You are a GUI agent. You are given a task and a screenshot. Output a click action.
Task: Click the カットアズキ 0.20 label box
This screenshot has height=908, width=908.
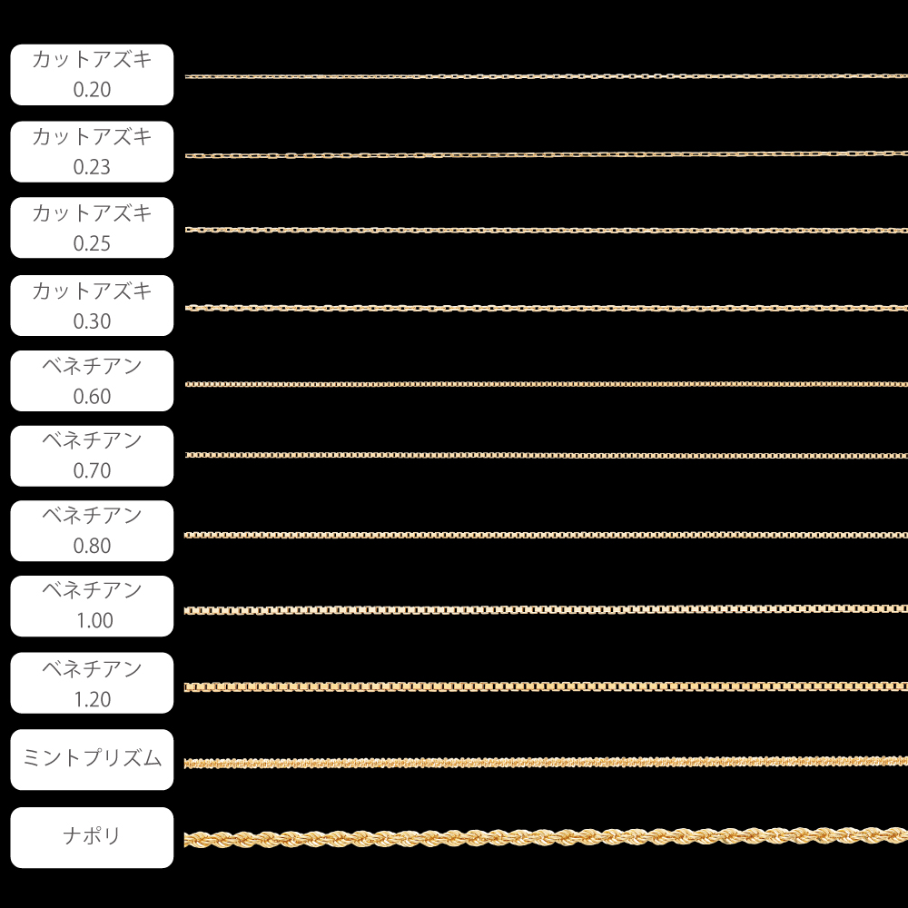pos(91,75)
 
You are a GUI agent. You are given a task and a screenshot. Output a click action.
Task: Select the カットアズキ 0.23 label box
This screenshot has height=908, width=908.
pos(91,152)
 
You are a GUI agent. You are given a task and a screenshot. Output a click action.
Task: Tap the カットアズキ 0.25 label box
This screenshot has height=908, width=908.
pos(91,228)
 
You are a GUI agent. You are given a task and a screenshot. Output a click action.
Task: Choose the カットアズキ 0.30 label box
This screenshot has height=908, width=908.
pos(91,306)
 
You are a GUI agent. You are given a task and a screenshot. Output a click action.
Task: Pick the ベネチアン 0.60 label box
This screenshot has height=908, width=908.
pos(91,381)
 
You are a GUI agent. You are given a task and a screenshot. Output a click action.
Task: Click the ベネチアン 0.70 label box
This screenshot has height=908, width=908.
pos(91,456)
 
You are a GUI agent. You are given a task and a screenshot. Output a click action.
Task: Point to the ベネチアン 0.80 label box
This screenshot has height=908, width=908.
pos(91,531)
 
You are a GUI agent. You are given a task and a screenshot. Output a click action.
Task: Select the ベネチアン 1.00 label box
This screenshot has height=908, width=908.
pos(91,607)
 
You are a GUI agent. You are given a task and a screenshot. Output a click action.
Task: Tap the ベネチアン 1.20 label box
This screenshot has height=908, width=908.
pos(91,683)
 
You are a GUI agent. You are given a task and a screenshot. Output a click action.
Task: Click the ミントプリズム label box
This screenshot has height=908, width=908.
pos(91,760)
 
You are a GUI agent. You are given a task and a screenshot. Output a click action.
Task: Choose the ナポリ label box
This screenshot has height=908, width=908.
pos(91,837)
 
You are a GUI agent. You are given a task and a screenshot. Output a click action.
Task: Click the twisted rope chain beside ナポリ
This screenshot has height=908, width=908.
pos(545,837)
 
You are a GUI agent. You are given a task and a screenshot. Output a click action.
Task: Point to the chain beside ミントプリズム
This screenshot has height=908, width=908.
pos(545,762)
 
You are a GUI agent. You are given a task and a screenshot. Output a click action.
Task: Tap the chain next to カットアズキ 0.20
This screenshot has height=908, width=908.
pos(545,76)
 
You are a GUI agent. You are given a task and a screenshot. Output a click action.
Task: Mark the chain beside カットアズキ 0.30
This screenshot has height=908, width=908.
pos(545,309)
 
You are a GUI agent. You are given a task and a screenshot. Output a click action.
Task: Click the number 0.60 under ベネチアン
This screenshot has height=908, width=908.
pos(92,397)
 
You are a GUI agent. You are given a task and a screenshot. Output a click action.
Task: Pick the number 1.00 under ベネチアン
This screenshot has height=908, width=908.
pos(92,622)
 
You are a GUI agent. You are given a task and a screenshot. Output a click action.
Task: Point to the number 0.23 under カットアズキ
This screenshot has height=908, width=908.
pos(92,167)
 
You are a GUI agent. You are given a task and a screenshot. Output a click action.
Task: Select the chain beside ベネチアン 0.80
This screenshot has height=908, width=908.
pos(545,535)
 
